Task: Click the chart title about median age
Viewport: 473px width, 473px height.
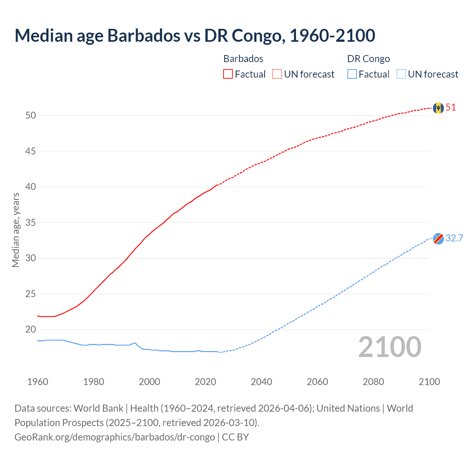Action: pos(195,35)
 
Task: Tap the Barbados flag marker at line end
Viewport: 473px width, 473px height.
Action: pos(438,108)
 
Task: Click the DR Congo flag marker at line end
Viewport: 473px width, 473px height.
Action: pos(438,239)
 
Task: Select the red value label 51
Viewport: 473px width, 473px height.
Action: pos(451,108)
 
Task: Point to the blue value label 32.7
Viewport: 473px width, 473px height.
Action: pos(454,238)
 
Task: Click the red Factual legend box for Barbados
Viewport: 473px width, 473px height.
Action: pos(228,74)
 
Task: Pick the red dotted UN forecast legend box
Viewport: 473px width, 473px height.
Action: pos(277,74)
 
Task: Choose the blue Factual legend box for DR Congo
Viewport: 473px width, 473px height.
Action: pos(352,74)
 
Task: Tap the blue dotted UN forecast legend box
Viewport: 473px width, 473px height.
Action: pos(401,74)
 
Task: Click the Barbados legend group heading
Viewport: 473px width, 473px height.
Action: pos(243,59)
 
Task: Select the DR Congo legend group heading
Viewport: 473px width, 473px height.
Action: pos(368,59)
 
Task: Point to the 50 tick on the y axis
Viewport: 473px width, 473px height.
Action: pos(31,115)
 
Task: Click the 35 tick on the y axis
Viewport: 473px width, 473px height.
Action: pos(31,222)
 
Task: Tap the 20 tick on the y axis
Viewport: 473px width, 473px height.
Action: pos(31,329)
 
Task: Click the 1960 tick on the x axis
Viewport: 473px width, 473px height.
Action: pos(38,382)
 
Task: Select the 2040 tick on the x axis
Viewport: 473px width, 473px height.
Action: pos(261,382)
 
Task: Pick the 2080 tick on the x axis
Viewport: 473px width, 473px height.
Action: pos(373,382)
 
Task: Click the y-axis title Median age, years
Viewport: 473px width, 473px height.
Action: pos(16,230)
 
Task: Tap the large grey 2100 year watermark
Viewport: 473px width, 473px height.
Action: pos(389,347)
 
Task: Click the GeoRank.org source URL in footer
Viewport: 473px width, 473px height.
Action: pos(115,437)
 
